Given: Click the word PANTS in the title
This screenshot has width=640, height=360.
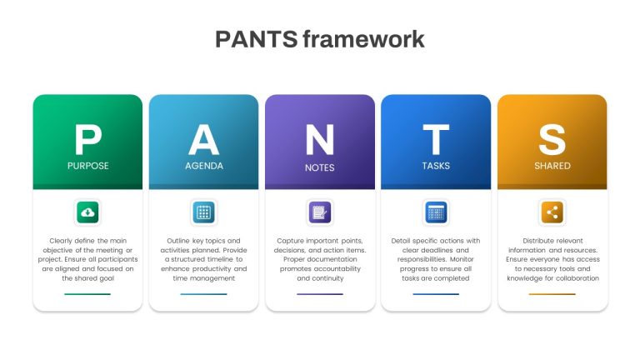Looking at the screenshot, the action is [x=257, y=39].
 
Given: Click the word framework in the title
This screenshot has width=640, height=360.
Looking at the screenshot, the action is [x=363, y=39].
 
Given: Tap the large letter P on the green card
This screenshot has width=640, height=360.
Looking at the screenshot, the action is [x=88, y=140].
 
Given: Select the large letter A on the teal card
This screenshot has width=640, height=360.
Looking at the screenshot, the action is [x=203, y=140].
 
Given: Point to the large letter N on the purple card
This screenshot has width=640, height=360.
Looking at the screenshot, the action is [x=320, y=140].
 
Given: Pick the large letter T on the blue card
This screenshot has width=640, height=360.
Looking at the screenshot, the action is [x=436, y=140].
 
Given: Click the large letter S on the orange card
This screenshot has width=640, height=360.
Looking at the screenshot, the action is [x=552, y=140].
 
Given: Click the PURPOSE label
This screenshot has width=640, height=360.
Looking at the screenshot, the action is [x=88, y=166].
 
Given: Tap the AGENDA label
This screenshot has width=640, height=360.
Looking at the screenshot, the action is [x=204, y=166].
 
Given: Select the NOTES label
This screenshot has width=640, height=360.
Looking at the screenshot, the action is [x=320, y=167].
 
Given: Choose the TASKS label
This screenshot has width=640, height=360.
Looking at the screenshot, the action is [x=436, y=166].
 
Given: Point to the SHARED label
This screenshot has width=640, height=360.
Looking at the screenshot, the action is [x=552, y=166].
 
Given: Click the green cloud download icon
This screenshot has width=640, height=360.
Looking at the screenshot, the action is [x=87, y=212].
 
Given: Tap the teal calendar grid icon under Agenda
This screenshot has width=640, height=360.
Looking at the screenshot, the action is [x=203, y=212].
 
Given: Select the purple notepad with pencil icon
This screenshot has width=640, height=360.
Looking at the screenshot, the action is [x=320, y=212].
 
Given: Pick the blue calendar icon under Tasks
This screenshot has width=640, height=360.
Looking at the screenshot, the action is [x=436, y=212].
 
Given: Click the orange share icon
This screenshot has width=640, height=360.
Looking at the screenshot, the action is [x=552, y=212].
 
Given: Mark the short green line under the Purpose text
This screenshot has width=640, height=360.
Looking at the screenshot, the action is [x=87, y=294].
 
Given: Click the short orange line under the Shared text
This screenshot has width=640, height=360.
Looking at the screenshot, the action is [x=552, y=294].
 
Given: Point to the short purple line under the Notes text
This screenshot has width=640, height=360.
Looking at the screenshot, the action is [x=320, y=294].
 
